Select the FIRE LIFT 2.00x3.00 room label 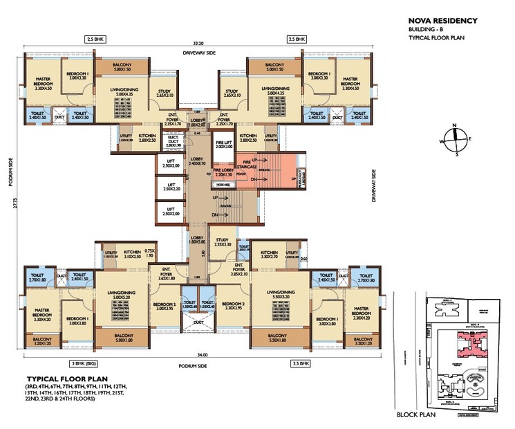coord(224,144)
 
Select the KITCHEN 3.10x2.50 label coord(133,255)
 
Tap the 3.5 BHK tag coord(299,363)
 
